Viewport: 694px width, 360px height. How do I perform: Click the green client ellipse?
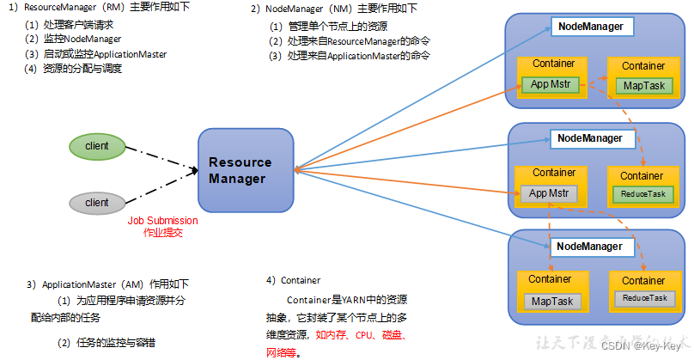97,146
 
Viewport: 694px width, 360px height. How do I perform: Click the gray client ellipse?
97,203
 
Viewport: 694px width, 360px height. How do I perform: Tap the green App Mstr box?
550,84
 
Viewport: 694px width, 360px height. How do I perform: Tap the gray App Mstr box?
550,194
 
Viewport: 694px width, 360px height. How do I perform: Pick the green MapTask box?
643,86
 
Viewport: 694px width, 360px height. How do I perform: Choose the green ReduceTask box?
643,194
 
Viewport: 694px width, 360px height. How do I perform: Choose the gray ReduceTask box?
643,297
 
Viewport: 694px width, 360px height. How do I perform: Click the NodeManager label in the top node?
591,27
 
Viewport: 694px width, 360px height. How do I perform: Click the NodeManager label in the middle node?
591,137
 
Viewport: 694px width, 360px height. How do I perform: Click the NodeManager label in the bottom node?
591,247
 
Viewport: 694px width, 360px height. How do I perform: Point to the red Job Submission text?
162,221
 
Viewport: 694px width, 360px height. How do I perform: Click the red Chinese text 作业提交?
162,233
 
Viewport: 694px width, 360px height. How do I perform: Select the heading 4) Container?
294,280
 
